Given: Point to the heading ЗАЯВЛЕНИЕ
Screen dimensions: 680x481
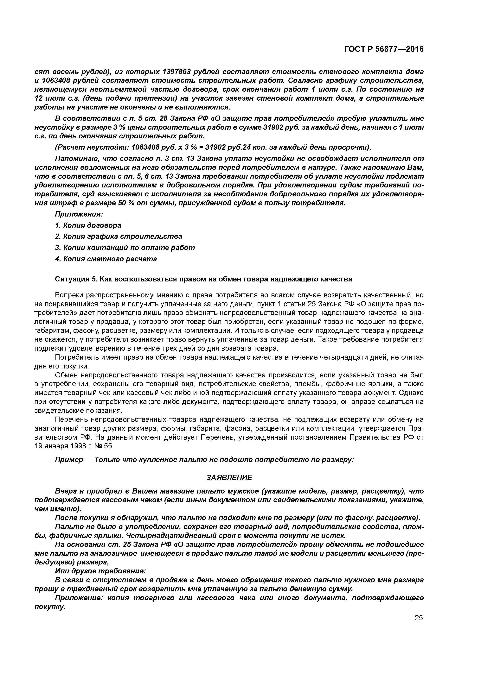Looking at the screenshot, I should [229, 477].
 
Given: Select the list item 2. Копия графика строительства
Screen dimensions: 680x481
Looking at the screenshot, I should [119, 236].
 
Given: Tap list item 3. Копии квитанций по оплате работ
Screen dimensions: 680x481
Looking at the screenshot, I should [125, 248].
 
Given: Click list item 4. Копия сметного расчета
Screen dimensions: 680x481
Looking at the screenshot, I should [106, 259].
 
